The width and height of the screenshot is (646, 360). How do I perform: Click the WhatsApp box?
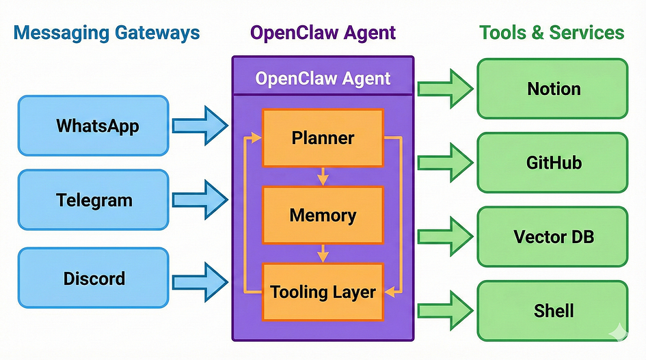93,125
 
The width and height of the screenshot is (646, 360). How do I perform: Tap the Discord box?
93,278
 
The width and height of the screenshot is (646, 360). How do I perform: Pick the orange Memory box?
323,216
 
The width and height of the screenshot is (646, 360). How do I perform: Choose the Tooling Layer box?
323,292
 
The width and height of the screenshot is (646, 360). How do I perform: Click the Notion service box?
552,88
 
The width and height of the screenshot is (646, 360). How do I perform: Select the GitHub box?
552,163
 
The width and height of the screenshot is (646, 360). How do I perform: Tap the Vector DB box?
552,237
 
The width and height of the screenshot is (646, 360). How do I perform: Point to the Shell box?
552,311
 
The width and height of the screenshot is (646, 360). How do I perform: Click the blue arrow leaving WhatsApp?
199,125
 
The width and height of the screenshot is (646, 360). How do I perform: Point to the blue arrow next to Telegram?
199,199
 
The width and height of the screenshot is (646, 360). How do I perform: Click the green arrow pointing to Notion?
444,88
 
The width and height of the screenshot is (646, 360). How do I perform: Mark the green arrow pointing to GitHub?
444,163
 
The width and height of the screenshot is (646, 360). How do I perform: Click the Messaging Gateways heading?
107,32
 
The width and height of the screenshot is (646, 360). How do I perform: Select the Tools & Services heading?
551,32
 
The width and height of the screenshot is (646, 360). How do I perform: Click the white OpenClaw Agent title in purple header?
323,78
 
